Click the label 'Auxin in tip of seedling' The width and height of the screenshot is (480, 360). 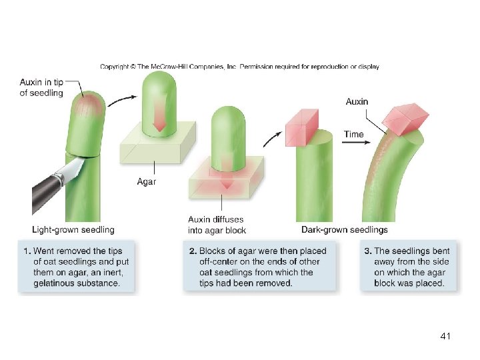pyautogui.click(x=41, y=87)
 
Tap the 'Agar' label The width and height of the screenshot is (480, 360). pyautogui.click(x=147, y=181)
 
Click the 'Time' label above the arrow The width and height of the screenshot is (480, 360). pyautogui.click(x=354, y=134)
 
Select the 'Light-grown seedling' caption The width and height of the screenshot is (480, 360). pyautogui.click(x=73, y=230)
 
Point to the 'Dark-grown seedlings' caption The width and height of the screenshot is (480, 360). pyautogui.click(x=344, y=230)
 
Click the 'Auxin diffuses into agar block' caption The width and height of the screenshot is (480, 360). pyautogui.click(x=217, y=225)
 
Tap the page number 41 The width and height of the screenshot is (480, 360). pyautogui.click(x=445, y=337)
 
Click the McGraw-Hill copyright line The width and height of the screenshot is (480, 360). pyautogui.click(x=240, y=67)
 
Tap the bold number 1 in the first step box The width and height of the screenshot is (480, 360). pyautogui.click(x=26, y=251)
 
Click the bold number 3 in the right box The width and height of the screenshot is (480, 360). pyautogui.click(x=367, y=251)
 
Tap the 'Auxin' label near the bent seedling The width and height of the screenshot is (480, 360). pyautogui.click(x=357, y=102)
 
